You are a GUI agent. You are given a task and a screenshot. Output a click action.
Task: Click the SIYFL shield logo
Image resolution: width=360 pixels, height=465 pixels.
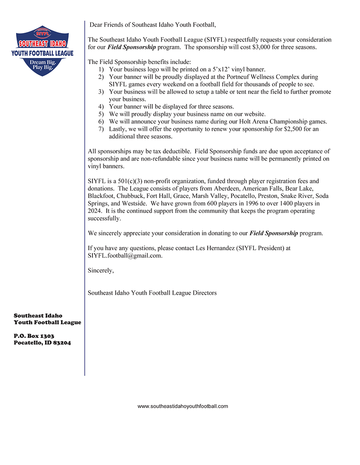pyautogui.click(x=42, y=50)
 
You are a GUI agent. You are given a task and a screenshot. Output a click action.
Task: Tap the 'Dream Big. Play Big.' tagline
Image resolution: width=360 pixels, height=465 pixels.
pyautogui.click(x=42, y=64)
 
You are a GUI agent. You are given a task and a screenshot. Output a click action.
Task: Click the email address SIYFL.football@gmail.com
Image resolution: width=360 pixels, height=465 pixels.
pyautogui.click(x=125, y=256)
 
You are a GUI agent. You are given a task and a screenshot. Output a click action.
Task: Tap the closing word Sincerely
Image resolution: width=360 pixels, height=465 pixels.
pyautogui.click(x=100, y=270)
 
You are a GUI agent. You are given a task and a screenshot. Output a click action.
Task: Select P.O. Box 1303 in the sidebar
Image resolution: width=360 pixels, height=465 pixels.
pyautogui.click(x=34, y=336)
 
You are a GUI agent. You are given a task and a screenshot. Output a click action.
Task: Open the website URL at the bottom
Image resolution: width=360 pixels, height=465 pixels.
pyautogui.click(x=183, y=406)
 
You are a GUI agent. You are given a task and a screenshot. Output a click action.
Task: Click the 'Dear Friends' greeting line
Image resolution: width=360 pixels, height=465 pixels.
pyautogui.click(x=152, y=24)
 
